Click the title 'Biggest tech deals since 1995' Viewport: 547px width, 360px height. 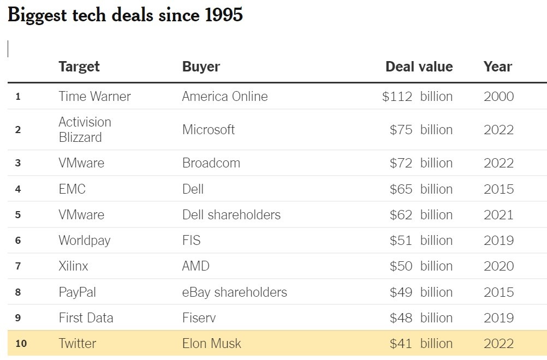(x=125, y=15)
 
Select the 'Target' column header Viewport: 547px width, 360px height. (x=79, y=67)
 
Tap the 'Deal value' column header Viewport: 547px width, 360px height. (x=419, y=67)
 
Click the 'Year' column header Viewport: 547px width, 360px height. (x=497, y=67)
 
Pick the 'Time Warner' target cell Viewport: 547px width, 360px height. (x=94, y=97)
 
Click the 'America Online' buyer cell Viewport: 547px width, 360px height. (x=224, y=97)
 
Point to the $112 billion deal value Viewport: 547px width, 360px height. (x=417, y=97)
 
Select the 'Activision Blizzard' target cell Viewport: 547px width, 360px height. (x=85, y=130)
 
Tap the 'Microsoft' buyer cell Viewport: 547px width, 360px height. (x=208, y=130)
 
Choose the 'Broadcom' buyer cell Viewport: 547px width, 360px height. (x=211, y=163)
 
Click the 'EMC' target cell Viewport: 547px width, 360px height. (x=72, y=189)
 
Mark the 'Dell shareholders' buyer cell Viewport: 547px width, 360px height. (x=231, y=215)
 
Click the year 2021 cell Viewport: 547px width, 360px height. (x=498, y=215)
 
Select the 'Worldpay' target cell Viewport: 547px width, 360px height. (x=84, y=241)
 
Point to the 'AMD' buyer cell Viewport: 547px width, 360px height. (x=195, y=266)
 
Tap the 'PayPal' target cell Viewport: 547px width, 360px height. (x=77, y=292)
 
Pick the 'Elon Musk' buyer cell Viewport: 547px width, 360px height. (x=211, y=344)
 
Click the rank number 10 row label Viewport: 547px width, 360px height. (x=20, y=344)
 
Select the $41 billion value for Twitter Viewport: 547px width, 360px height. (x=420, y=344)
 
